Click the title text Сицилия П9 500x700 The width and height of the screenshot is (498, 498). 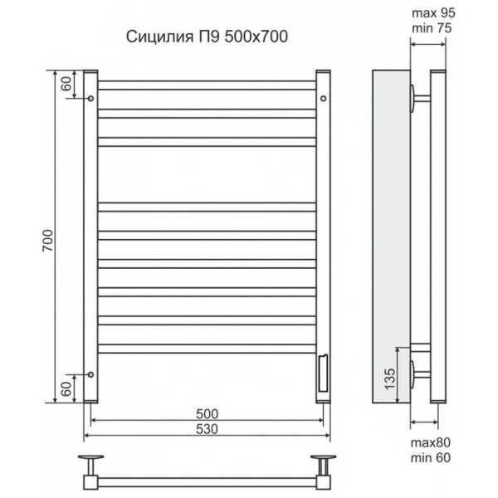pos(207,37)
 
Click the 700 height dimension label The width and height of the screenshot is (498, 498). pos(48,241)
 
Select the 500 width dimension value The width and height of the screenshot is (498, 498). pos(207,414)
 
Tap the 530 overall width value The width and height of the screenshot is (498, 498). pos(207,429)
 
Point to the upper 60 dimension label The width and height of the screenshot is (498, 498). pos(66,84)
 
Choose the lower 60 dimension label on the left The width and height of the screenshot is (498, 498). pos(66,388)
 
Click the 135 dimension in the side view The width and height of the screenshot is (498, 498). pos(390,378)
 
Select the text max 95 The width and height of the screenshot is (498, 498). pos(433,13)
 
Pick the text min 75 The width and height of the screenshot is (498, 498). pos(432,28)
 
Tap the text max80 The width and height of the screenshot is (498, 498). pos(431,442)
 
